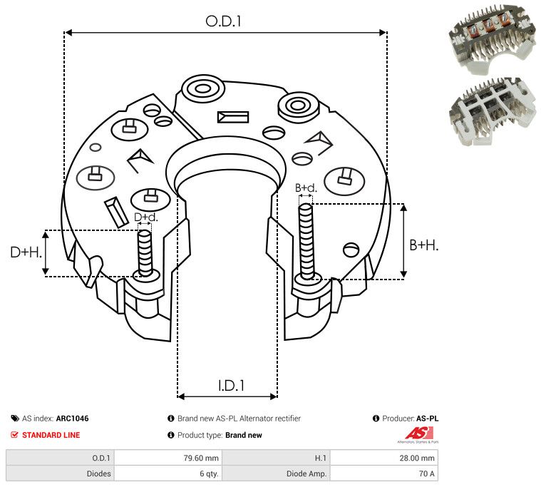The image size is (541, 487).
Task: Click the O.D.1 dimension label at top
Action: pyautogui.click(x=223, y=21)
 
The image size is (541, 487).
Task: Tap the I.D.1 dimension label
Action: pyautogui.click(x=231, y=386)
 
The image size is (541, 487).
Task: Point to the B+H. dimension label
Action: pyautogui.click(x=423, y=245)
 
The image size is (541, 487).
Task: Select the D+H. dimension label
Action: pyautogui.click(x=25, y=252)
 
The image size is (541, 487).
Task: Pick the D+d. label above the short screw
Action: pyautogui.click(x=145, y=217)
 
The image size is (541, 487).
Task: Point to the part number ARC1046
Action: pyautogui.click(x=72, y=419)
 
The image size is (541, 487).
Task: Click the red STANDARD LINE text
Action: pyautogui.click(x=51, y=435)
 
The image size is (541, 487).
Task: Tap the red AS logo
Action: pyautogui.click(x=415, y=433)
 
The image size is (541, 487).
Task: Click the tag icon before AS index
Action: pyautogui.click(x=14, y=419)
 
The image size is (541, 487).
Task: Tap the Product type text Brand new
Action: pyautogui.click(x=244, y=435)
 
